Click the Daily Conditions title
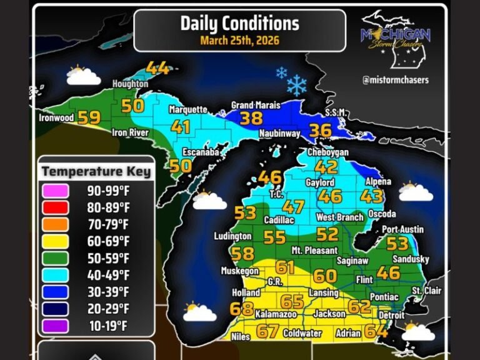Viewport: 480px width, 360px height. click(239, 24)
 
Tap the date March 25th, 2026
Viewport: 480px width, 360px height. click(239, 41)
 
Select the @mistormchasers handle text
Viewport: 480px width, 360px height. click(395, 80)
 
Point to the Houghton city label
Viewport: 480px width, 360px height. click(129, 84)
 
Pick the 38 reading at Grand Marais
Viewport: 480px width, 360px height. click(251, 117)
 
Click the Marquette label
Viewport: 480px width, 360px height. click(187, 109)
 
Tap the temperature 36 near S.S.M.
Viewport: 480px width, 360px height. click(321, 130)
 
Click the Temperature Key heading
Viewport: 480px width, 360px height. click(96, 171)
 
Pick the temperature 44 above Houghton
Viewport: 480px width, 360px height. click(157, 68)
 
